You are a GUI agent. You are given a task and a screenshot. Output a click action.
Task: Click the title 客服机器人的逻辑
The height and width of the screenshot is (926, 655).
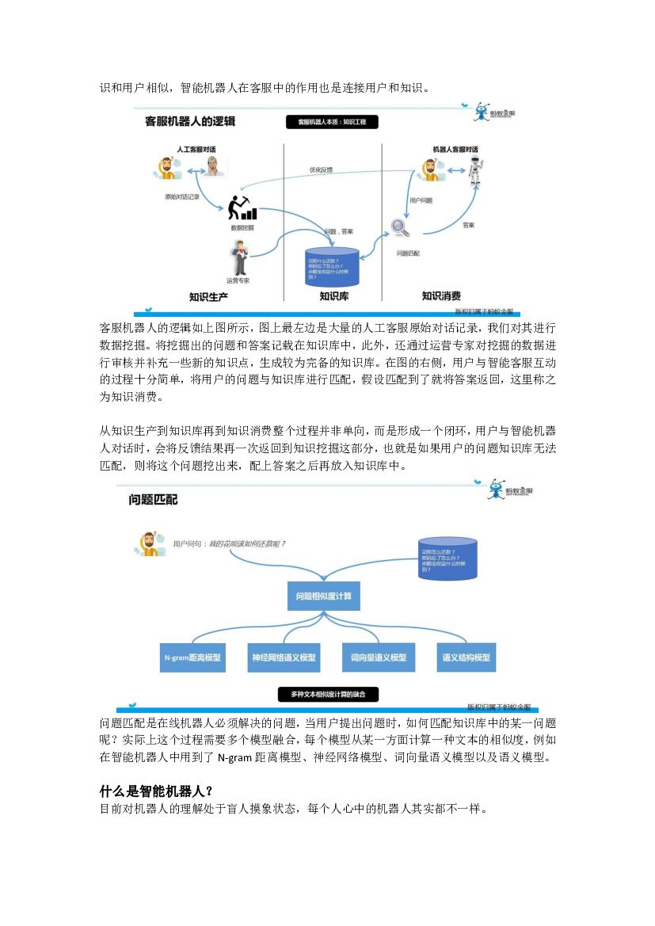point(190,122)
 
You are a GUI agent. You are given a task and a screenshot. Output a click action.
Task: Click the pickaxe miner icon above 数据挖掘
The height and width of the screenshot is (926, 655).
point(242,207)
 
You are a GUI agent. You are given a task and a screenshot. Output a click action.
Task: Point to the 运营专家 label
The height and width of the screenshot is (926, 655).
point(238,280)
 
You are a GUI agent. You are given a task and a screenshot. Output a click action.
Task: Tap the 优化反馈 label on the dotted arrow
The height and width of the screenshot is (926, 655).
point(321,170)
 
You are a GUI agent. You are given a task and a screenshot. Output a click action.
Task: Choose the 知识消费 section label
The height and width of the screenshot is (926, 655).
point(441,296)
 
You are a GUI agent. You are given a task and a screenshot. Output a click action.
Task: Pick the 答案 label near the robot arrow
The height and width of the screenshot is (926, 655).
point(468,226)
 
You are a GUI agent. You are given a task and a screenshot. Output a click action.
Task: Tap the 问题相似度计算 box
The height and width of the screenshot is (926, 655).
point(323,596)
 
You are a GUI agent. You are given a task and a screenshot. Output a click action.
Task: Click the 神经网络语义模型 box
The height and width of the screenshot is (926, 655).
point(284,657)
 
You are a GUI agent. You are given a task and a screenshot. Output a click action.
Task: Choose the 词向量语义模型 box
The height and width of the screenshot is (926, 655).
point(379,657)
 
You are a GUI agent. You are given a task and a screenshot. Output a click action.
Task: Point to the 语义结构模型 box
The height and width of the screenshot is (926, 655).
point(466,657)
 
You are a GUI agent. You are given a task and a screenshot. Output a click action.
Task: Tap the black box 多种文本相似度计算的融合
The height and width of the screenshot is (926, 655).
point(328,695)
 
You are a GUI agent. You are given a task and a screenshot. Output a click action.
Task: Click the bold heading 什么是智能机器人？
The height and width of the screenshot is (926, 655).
point(157,792)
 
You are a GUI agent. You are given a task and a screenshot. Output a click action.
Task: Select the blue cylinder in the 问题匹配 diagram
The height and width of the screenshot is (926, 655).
point(447,558)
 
